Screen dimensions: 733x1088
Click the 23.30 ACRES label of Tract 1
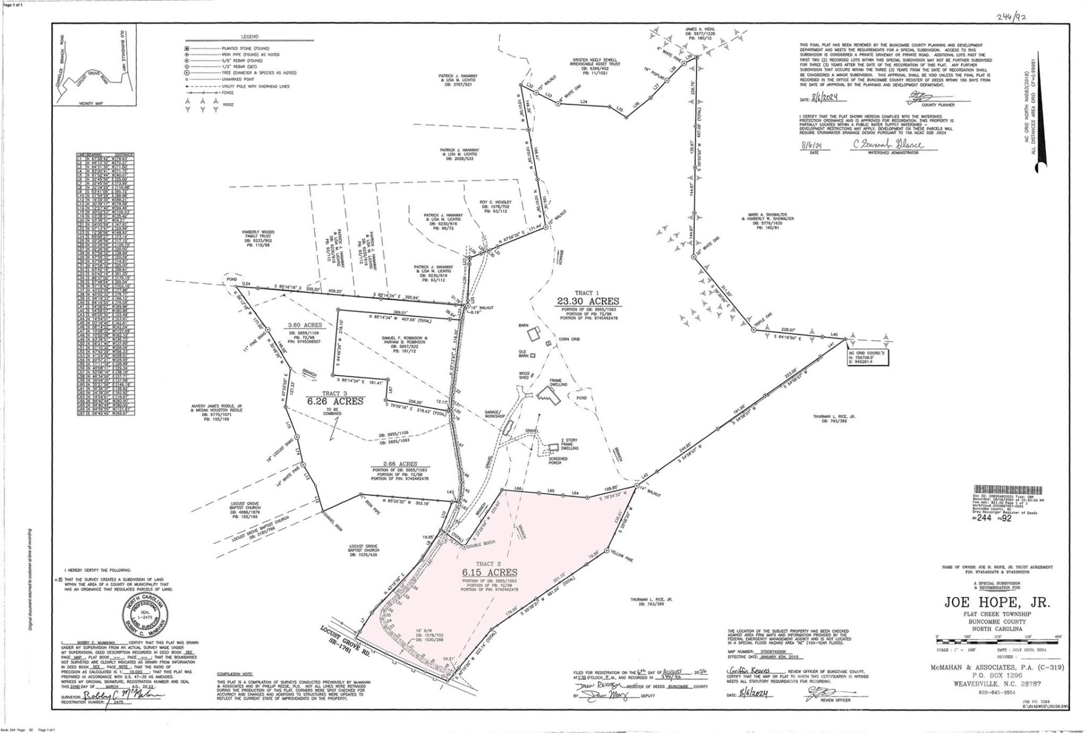coord(589,302)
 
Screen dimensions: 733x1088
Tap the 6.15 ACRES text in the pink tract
coord(489,573)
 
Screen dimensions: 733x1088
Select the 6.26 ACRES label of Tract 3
coord(334,401)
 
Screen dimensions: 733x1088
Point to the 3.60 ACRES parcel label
coord(305,325)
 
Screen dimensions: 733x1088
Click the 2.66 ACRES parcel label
coord(399,464)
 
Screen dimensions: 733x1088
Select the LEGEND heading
coord(249,37)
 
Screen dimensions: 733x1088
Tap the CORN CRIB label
coord(568,339)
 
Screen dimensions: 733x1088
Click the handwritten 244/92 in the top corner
coord(1011,16)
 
